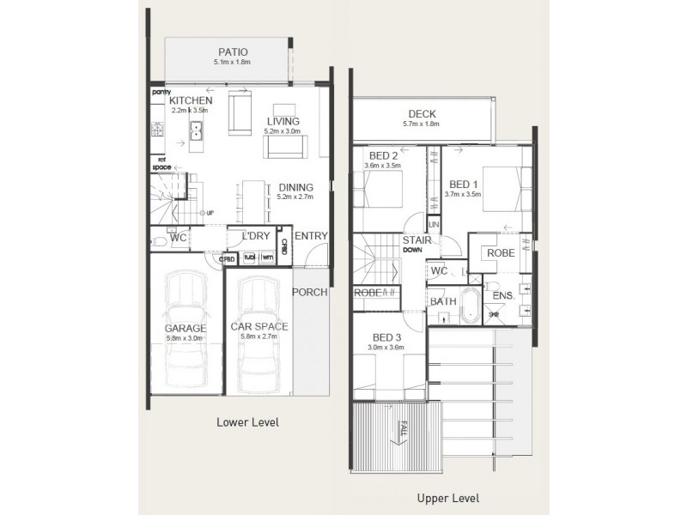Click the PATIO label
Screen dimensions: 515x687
[x=233, y=51]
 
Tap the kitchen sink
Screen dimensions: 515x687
[x=197, y=131]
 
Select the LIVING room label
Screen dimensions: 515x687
[x=283, y=122]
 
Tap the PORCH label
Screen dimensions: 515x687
[x=310, y=292]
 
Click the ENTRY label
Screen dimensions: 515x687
[x=311, y=236]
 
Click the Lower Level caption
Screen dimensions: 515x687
[x=248, y=423]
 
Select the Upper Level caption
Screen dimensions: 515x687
[x=447, y=498]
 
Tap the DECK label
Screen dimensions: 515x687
[x=422, y=114]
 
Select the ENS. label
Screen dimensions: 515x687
[x=503, y=296]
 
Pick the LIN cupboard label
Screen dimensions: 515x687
[x=434, y=224]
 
